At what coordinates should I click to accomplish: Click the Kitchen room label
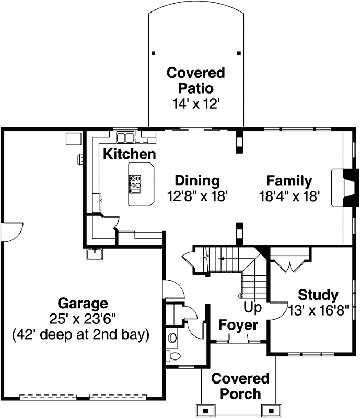pos(129,154)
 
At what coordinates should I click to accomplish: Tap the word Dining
pos(196,181)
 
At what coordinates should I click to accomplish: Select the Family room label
pos(289,181)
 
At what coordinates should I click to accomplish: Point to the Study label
pos(318,294)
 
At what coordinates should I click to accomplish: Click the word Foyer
pos(238,326)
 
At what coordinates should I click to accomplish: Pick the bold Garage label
pos(83,303)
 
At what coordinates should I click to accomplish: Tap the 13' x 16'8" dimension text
pos(323,310)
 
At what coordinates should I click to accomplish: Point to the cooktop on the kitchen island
pos(135,182)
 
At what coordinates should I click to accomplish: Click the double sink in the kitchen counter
pos(125,137)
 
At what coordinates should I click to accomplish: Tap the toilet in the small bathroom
pos(173,356)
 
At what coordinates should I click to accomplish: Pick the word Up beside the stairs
pos(252,308)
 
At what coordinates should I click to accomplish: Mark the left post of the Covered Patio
pos(153,53)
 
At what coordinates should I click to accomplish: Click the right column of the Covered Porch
pos(270,409)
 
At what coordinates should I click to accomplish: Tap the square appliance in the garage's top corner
pos(73,138)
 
